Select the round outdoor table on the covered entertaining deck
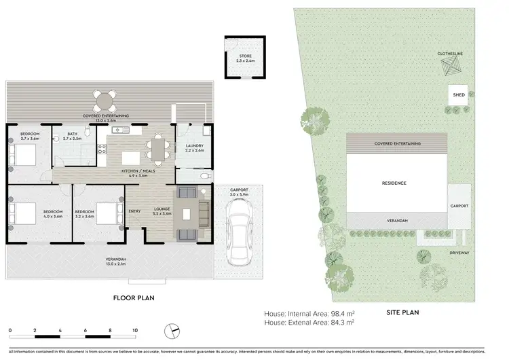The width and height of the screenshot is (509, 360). click(105, 103)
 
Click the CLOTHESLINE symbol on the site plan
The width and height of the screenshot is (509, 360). click(450, 68)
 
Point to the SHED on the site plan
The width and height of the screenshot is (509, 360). click(459, 95)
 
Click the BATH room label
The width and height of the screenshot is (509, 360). click(72, 137)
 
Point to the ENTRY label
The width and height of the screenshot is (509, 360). click(134, 211)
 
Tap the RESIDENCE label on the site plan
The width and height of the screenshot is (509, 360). click(394, 183)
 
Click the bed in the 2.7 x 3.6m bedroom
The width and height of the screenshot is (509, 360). click(22, 156)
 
